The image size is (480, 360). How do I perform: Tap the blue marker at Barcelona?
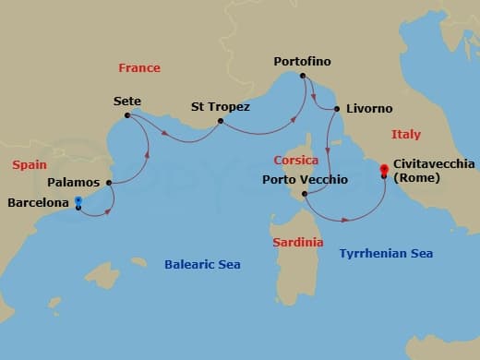pos(78,200)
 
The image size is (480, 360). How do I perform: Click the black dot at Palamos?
pos(110,183)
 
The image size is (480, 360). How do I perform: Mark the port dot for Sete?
pos(128,115)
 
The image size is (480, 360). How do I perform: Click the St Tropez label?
pos(220,106)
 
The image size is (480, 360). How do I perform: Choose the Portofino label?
pos(302,62)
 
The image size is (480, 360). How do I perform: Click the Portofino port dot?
pos(303,76)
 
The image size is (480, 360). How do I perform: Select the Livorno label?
pos(369,108)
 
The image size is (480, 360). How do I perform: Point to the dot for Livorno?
pos(337,109)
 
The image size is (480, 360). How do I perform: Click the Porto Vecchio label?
pos(305,179)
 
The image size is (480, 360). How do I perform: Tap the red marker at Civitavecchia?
pos(383,169)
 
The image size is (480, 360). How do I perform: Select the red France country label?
pos(139,67)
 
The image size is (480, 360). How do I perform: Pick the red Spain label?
pos(30,164)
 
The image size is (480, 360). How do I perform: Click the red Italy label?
pos(405,135)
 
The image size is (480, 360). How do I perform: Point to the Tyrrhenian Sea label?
pos(386,253)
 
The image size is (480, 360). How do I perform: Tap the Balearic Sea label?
pos(202,265)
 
